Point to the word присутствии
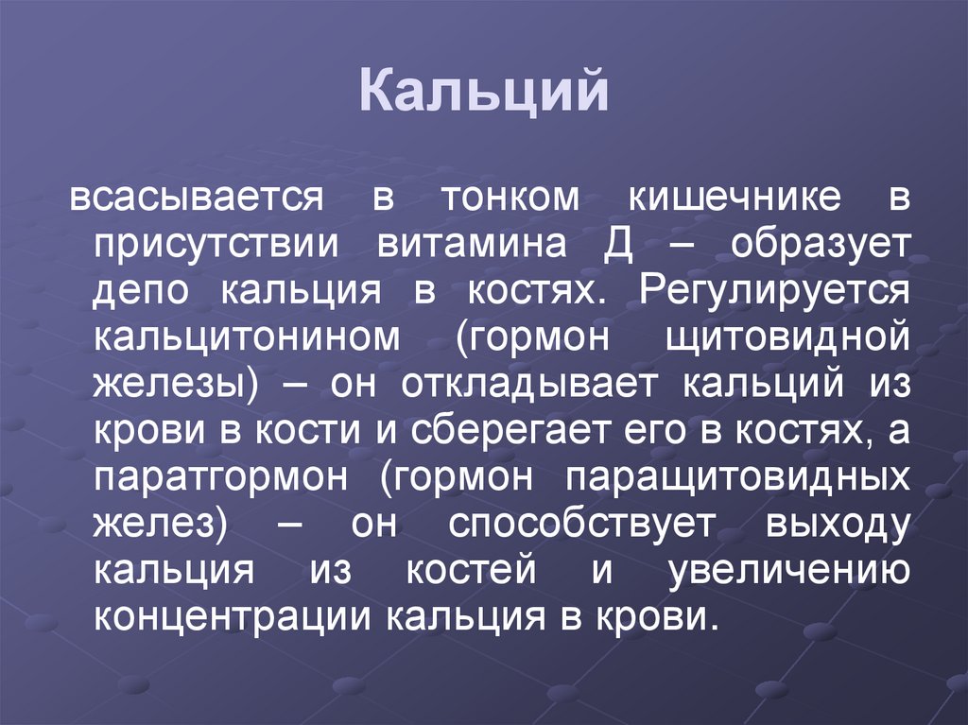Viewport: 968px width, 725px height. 216,246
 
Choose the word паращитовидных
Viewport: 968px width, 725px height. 737,477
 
